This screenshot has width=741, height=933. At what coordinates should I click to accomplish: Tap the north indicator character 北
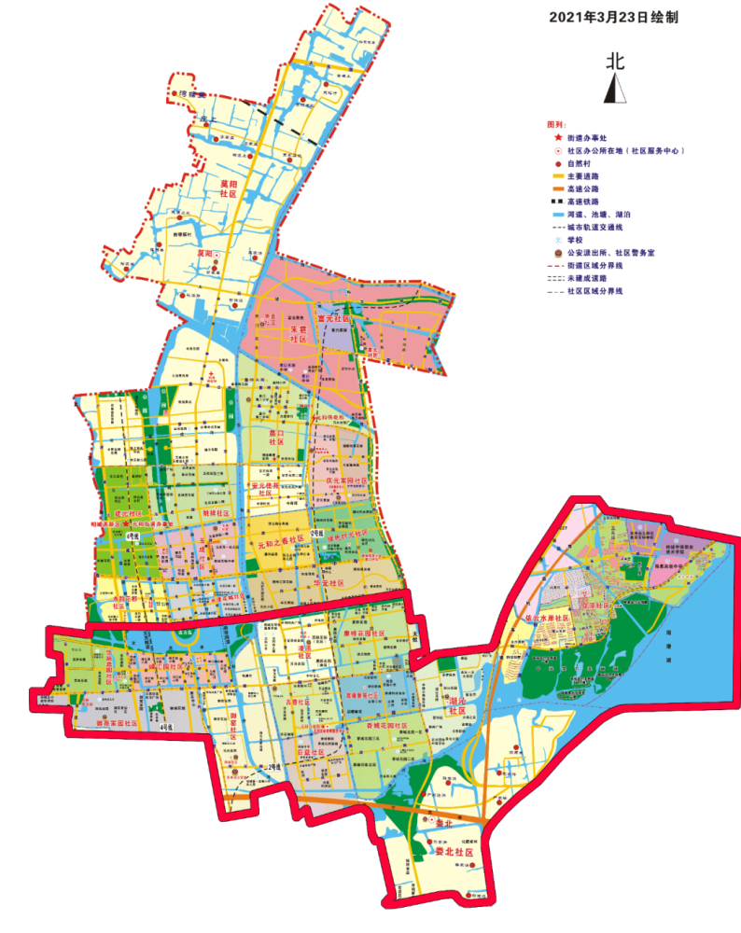point(615,63)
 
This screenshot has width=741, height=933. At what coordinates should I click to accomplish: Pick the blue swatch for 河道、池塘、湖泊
point(558,214)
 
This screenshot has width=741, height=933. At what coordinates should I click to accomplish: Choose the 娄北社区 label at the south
point(455,853)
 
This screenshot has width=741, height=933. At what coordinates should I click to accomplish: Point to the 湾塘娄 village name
point(189,93)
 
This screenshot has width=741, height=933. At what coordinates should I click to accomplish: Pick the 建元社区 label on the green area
point(126,514)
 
